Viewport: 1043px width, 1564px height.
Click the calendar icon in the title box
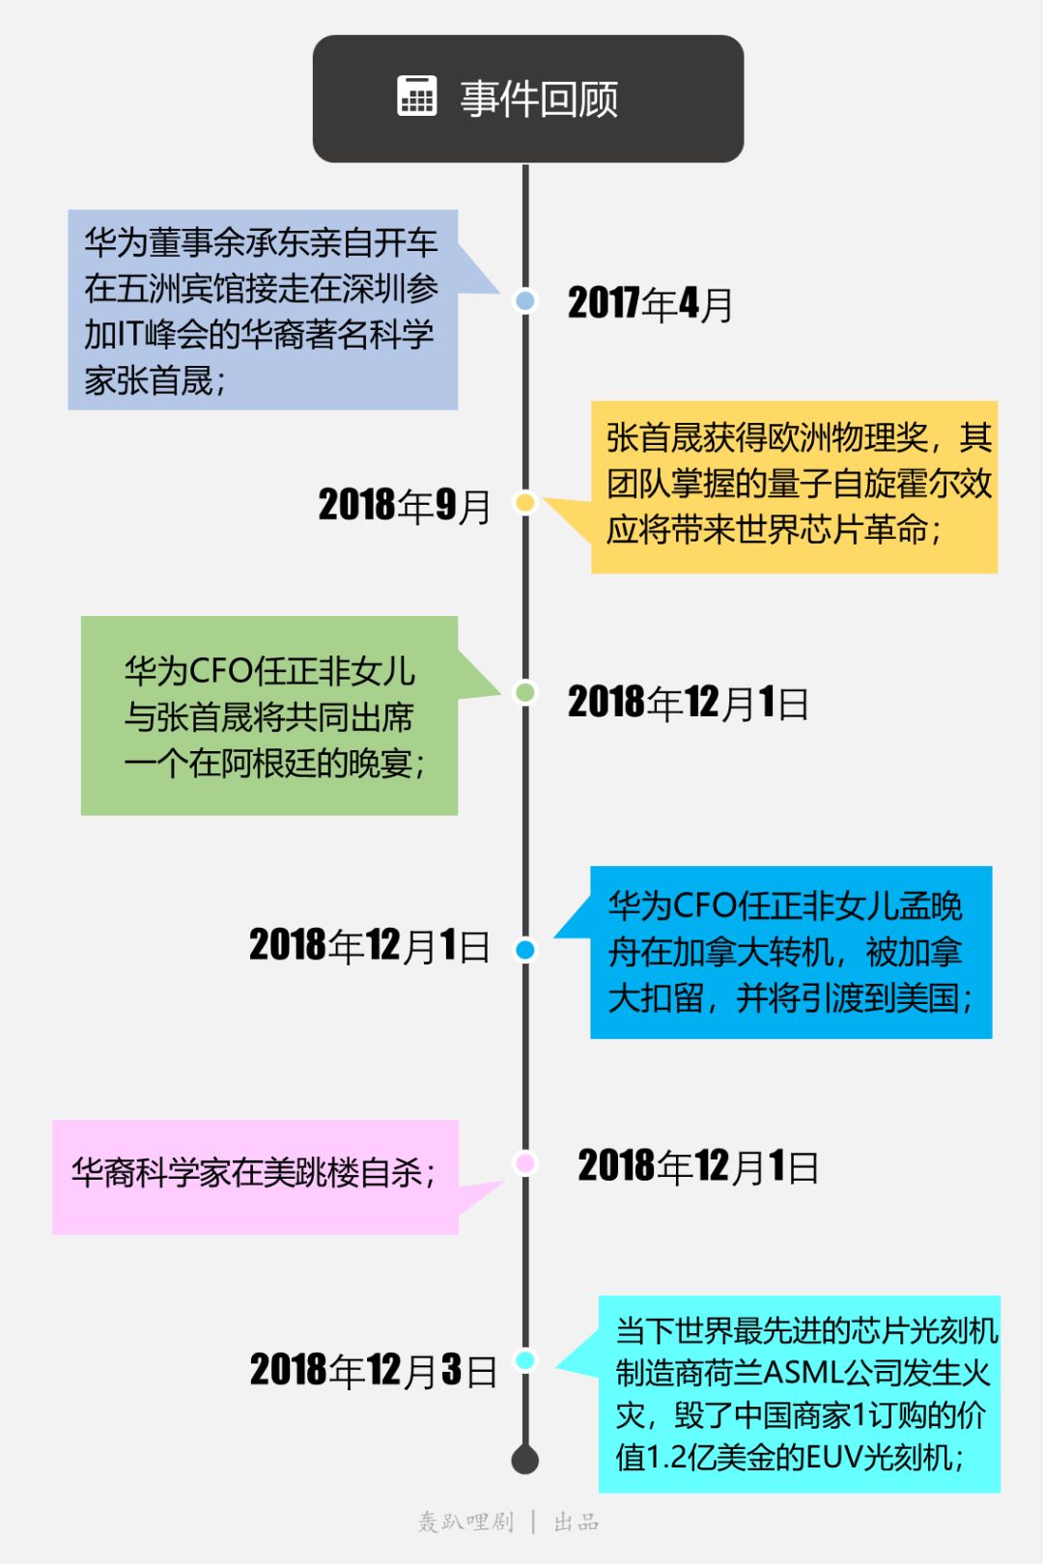pyautogui.click(x=417, y=97)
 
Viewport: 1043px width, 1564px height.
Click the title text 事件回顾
pyautogui.click(x=539, y=98)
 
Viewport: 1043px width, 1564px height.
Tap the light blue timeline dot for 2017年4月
pyautogui.click(x=525, y=300)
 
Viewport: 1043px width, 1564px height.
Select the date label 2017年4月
pyautogui.click(x=650, y=304)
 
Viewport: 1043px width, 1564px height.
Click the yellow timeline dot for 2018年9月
pyautogui.click(x=525, y=502)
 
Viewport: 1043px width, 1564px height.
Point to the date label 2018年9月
pyautogui.click(x=405, y=505)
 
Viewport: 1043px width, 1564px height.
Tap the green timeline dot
pyautogui.click(x=525, y=691)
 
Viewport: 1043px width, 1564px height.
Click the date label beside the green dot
pyautogui.click(x=688, y=703)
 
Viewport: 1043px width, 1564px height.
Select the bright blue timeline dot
pyautogui.click(x=525, y=950)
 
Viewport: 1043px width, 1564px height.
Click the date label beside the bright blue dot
pyautogui.click(x=370, y=945)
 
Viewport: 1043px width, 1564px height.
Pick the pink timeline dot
pyautogui.click(x=525, y=1162)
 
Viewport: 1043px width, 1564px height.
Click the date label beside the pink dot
pyautogui.click(x=698, y=1166)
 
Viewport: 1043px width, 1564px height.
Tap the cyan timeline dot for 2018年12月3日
pyautogui.click(x=525, y=1360)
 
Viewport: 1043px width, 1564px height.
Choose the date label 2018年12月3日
pyautogui.click(x=374, y=1370)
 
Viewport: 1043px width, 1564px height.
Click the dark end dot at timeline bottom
pyautogui.click(x=525, y=1460)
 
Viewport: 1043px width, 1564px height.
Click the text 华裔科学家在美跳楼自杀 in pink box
pyautogui.click(x=253, y=1173)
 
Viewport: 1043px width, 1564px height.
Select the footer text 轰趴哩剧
pyautogui.click(x=465, y=1522)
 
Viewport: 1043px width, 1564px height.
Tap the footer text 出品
pyautogui.click(x=577, y=1522)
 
